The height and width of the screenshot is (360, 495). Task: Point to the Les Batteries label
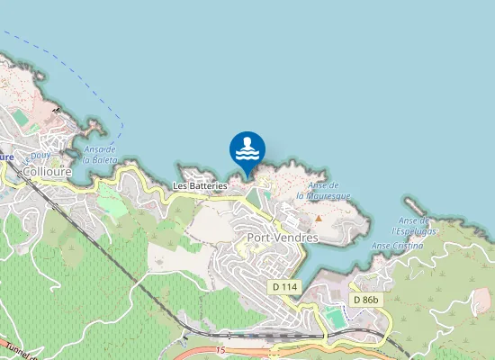pyautogui.click(x=200, y=185)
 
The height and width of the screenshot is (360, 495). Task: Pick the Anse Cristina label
pyautogui.click(x=396, y=245)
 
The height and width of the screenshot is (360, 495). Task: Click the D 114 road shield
pyautogui.click(x=283, y=286)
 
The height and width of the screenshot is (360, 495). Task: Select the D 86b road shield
pyautogui.click(x=366, y=299)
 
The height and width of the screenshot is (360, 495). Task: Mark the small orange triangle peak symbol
pyautogui.click(x=318, y=218)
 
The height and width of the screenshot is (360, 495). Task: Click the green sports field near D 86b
pyautogui.click(x=335, y=319)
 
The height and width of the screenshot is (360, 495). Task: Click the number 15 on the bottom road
pyautogui.click(x=220, y=348)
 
